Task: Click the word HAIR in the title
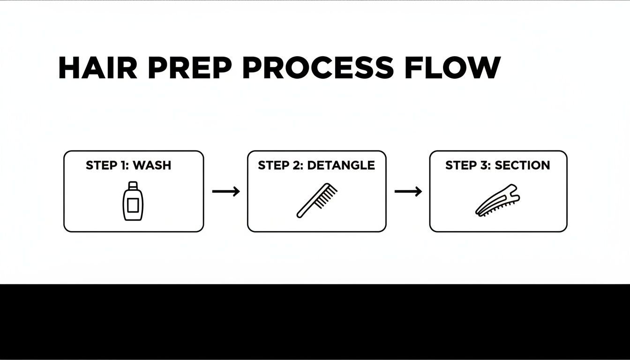[x=97, y=68]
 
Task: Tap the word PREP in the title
[x=189, y=68]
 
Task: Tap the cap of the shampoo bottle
[x=133, y=184]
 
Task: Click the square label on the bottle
[x=132, y=204]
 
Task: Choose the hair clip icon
[x=498, y=201]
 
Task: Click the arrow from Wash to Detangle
[x=226, y=191]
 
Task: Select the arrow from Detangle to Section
[x=408, y=191]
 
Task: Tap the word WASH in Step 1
[x=152, y=165]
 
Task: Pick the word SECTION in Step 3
[x=522, y=165]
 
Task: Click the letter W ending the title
[x=483, y=68]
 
